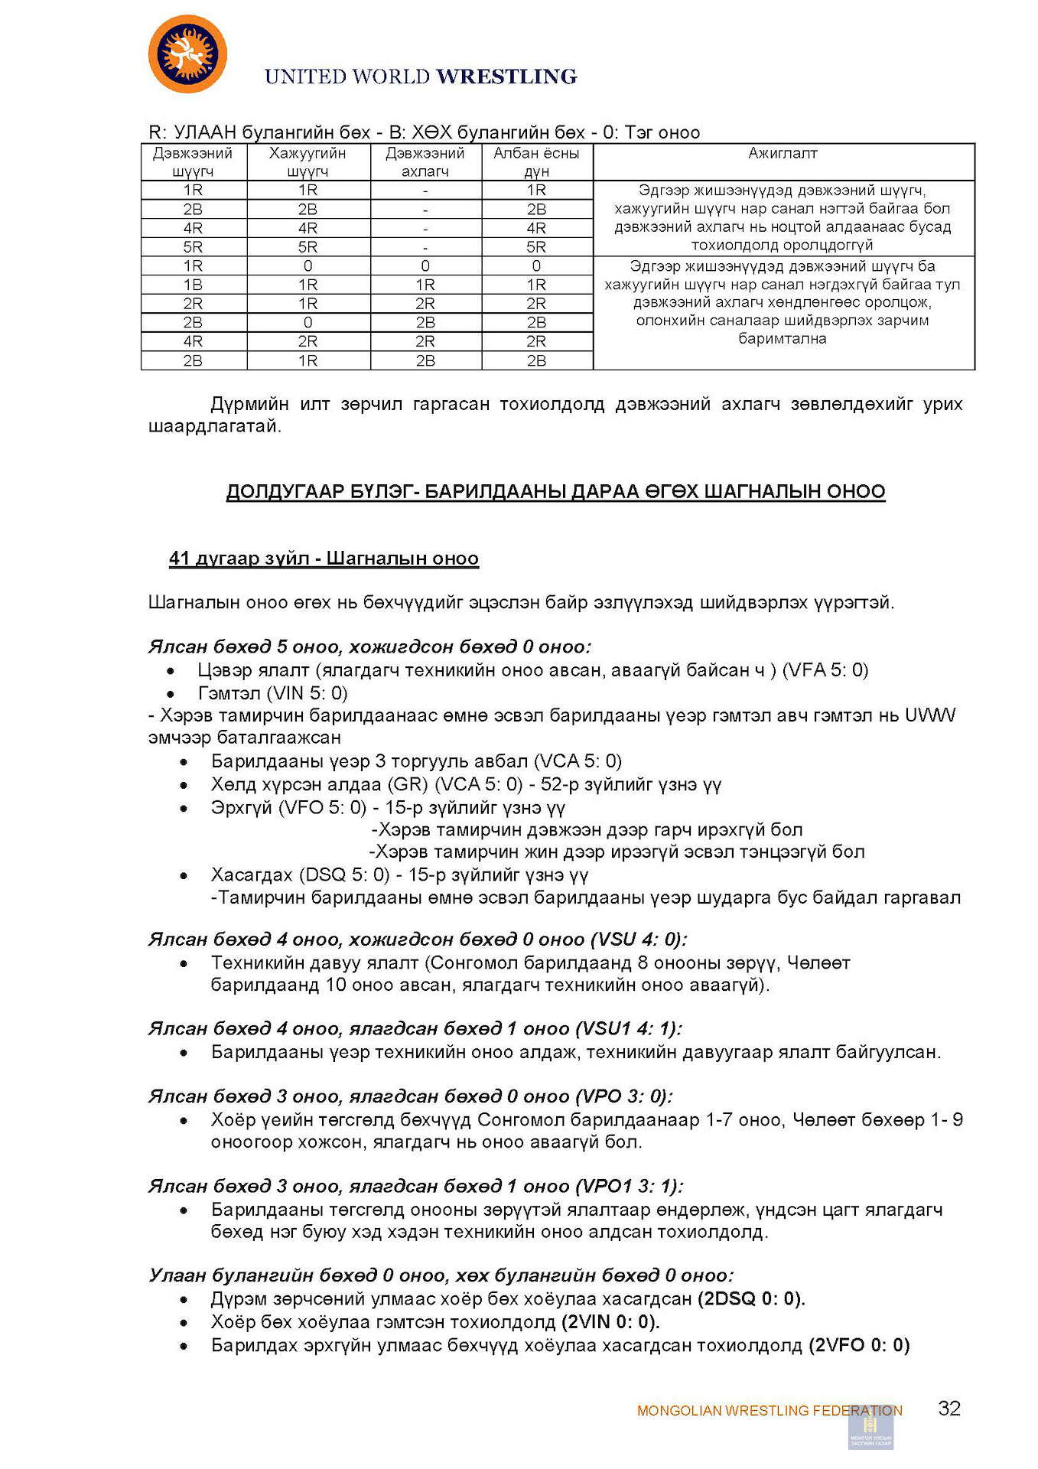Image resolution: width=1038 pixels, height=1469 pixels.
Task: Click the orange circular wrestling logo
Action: point(187,54)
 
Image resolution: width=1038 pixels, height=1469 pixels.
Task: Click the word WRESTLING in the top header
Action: point(506,77)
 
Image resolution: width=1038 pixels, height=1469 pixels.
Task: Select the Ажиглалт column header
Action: point(783,154)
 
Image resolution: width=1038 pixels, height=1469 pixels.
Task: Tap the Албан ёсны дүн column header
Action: point(536,162)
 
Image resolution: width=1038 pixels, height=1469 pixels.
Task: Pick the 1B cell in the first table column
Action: point(193,285)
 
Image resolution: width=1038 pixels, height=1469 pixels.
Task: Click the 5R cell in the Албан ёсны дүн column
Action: point(536,247)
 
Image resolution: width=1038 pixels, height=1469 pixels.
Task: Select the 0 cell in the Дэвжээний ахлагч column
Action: point(425,266)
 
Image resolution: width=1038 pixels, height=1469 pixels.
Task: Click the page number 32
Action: point(949,1409)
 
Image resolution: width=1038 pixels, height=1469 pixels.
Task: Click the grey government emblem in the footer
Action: point(870,1428)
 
